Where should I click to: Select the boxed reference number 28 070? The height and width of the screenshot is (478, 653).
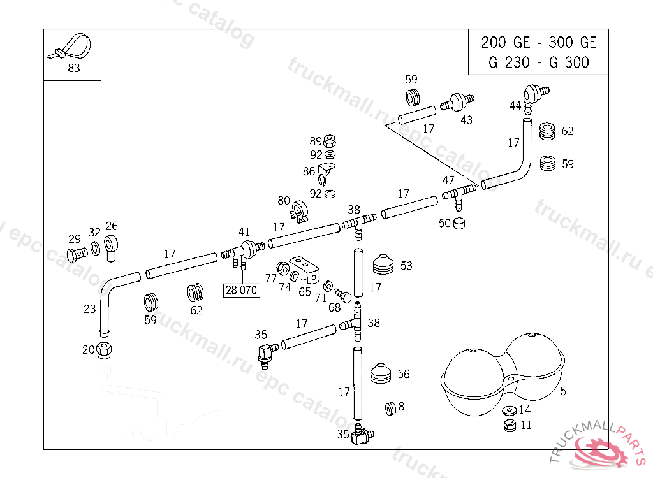(x=241, y=291)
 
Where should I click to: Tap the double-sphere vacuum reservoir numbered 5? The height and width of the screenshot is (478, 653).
(x=504, y=375)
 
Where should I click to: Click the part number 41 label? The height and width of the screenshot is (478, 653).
(x=244, y=232)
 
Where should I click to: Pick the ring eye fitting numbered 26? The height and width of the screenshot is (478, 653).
(x=112, y=247)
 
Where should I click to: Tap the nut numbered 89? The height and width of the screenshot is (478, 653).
(x=330, y=141)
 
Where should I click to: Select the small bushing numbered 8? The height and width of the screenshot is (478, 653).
(x=390, y=408)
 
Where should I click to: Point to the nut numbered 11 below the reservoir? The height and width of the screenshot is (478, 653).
(x=510, y=424)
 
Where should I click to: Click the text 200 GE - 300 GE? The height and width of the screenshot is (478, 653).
(x=539, y=43)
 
